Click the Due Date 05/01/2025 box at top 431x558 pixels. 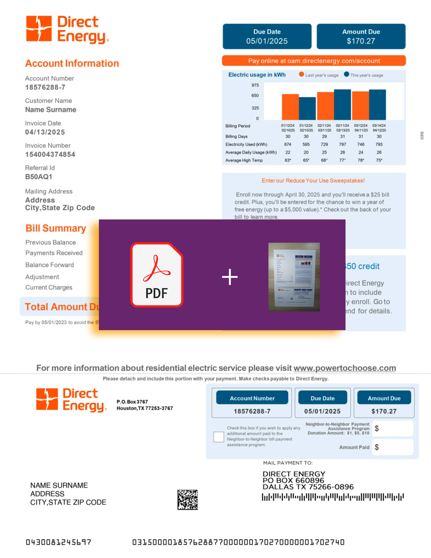click(x=267, y=36)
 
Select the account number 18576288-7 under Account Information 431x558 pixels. click(x=45, y=87)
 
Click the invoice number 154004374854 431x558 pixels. click(x=50, y=154)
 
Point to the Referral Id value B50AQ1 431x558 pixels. click(x=39, y=177)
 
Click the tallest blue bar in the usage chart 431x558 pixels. click(x=342, y=105)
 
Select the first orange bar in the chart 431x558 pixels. click(x=290, y=107)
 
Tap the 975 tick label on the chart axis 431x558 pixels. click(x=255, y=85)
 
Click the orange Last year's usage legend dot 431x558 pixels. click(x=301, y=74)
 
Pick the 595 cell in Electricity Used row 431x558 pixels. click(x=306, y=144)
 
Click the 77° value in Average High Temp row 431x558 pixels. click(x=342, y=160)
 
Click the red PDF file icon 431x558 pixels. click(x=157, y=275)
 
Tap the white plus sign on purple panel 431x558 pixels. click(x=230, y=277)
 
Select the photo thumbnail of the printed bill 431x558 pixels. click(x=294, y=277)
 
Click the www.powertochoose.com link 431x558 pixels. click(x=345, y=368)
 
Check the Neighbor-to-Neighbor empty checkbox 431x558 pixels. click(x=219, y=437)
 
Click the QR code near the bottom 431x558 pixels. click(x=188, y=500)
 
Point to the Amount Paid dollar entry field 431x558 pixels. click(x=392, y=447)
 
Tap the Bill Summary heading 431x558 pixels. click(x=56, y=228)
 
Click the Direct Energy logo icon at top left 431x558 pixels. click(x=39, y=29)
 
